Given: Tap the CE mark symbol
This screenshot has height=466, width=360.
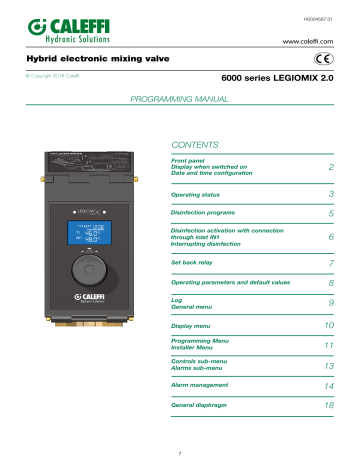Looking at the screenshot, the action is click(x=338, y=59).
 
